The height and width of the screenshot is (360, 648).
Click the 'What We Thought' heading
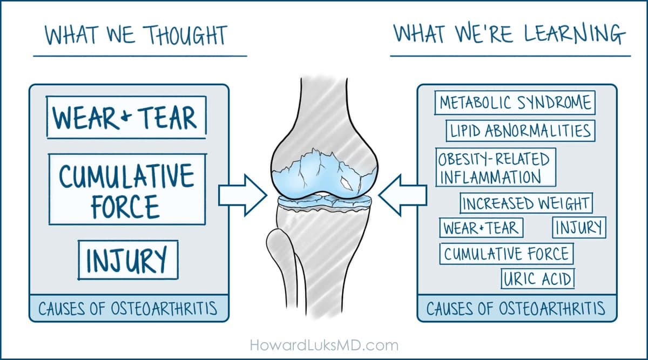(136, 35)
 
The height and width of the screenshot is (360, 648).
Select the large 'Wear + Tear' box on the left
(126, 117)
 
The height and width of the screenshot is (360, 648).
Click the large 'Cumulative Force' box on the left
(127, 189)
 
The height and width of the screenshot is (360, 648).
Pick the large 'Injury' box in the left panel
(128, 260)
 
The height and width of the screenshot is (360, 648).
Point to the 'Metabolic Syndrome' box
(515, 103)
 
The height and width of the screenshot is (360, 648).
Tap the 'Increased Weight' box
(526, 204)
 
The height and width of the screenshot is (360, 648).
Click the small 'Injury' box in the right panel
(579, 227)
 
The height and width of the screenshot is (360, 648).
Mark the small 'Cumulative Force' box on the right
(507, 254)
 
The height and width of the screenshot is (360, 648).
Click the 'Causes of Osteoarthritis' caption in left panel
(128, 309)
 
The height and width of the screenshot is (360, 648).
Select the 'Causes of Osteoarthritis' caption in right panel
(516, 309)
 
